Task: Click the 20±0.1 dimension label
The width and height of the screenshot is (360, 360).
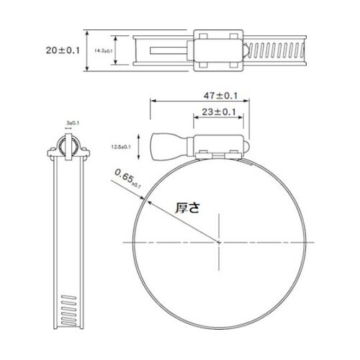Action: pos(63,50)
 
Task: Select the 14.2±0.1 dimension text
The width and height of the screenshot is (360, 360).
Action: pos(106,50)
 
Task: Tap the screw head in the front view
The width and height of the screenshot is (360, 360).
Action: pos(163,145)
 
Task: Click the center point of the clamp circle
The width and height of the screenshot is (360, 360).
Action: pos(220,243)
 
